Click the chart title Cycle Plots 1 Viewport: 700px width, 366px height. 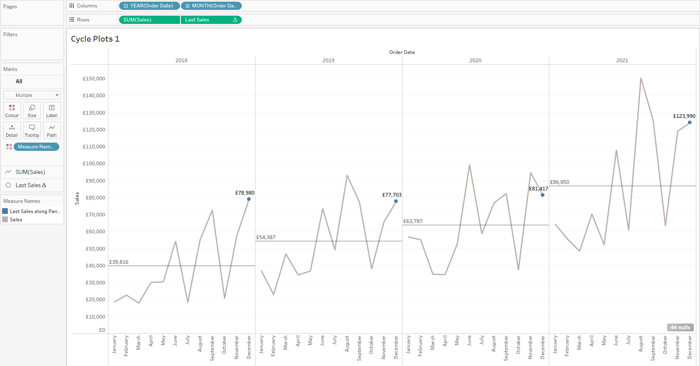click(95, 39)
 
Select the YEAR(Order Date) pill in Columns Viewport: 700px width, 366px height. click(149, 6)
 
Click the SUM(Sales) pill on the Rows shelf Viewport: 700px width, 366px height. click(149, 20)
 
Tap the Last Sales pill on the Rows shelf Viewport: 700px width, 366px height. click(211, 20)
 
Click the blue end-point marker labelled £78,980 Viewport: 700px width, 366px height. click(249, 199)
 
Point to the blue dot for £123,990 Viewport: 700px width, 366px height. click(690, 122)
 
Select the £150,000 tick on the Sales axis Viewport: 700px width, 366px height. click(94, 79)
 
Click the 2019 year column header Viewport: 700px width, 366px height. click(328, 61)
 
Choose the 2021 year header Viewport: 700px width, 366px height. click(622, 61)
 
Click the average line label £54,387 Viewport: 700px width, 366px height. click(266, 237)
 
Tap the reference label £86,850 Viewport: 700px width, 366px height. click(560, 182)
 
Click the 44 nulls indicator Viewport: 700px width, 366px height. click(680, 327)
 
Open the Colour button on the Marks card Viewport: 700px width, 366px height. click(12, 110)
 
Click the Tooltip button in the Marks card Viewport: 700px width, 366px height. click(32, 130)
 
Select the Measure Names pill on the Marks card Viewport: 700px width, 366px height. click(36, 147)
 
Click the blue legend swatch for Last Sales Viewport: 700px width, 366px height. click(5, 211)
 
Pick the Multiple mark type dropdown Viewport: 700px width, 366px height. click(32, 95)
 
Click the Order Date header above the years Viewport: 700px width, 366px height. click(402, 52)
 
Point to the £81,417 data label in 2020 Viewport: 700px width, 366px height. click(538, 189)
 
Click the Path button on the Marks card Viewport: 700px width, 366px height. click(52, 130)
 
